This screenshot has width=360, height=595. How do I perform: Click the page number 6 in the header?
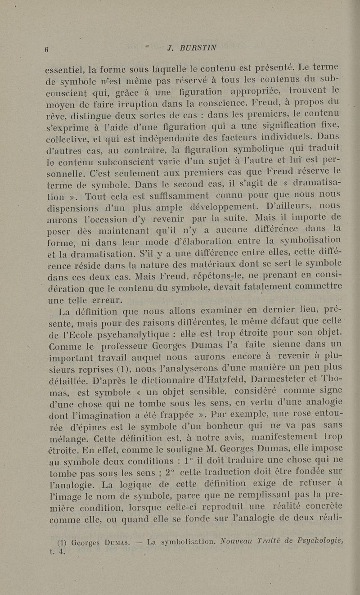click(x=46, y=50)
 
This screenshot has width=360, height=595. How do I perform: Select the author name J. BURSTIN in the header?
click(x=191, y=48)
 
